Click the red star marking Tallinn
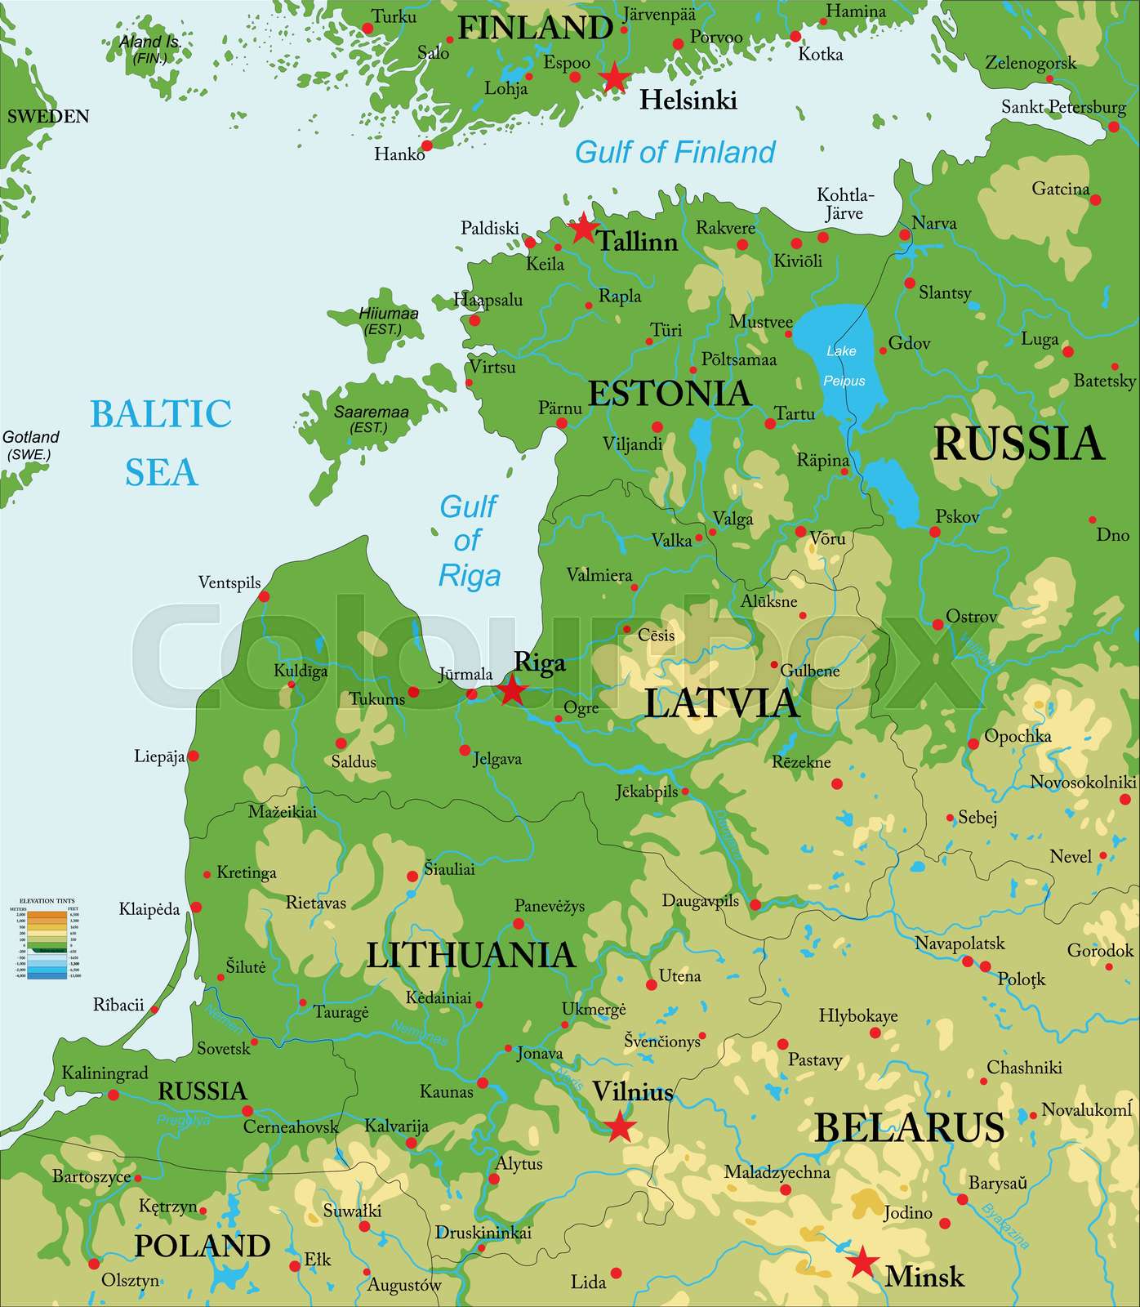tap(583, 228)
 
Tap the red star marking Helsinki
tap(614, 78)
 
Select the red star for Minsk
tap(862, 1262)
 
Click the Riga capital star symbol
tap(512, 690)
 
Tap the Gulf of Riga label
tap(469, 541)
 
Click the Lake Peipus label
tap(844, 365)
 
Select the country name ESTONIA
tap(669, 393)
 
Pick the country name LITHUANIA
tap(470, 955)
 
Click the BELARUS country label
tap(909, 1127)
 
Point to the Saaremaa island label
tap(371, 419)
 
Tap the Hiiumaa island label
tap(388, 320)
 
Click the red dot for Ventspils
tap(264, 596)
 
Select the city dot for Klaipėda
tap(196, 908)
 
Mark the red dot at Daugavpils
tap(755, 904)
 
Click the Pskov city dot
tap(934, 532)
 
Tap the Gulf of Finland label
tap(675, 152)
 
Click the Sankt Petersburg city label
tap(1063, 107)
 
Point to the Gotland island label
tap(30, 445)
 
